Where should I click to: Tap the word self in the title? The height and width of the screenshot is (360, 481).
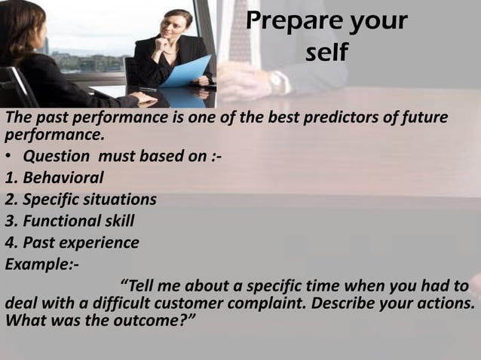tap(326, 54)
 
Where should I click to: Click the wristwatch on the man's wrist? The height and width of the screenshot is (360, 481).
tap(278, 81)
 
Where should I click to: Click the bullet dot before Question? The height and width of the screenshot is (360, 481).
tap(9, 157)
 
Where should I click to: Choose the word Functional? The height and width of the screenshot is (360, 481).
tap(60, 221)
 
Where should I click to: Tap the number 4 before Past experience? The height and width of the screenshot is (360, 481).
tap(9, 243)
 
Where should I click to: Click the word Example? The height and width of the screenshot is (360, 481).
tap(38, 264)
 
